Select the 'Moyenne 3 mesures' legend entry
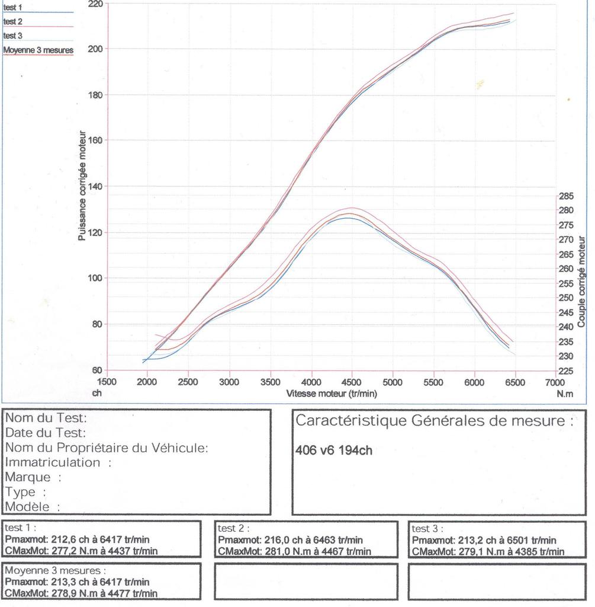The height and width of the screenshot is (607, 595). point(38,50)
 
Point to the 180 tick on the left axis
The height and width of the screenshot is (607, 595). point(95,95)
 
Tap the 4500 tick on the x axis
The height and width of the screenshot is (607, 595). point(352,382)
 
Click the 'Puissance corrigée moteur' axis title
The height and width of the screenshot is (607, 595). point(83,186)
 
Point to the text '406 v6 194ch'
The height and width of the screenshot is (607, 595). point(334,450)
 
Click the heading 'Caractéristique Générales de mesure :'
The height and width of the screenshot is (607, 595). point(435,421)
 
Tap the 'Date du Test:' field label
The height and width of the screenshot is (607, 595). point(46,433)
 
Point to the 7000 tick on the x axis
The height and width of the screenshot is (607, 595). point(555,382)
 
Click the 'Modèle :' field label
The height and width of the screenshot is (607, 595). point(33,507)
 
